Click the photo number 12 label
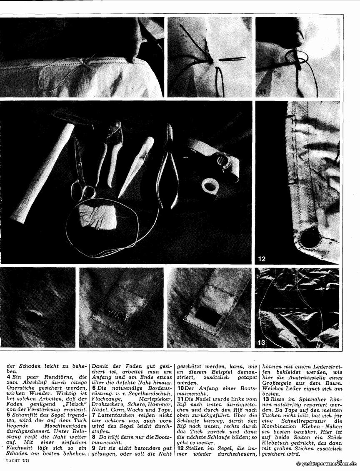coord(262,259)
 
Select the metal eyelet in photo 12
coord(309,238)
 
